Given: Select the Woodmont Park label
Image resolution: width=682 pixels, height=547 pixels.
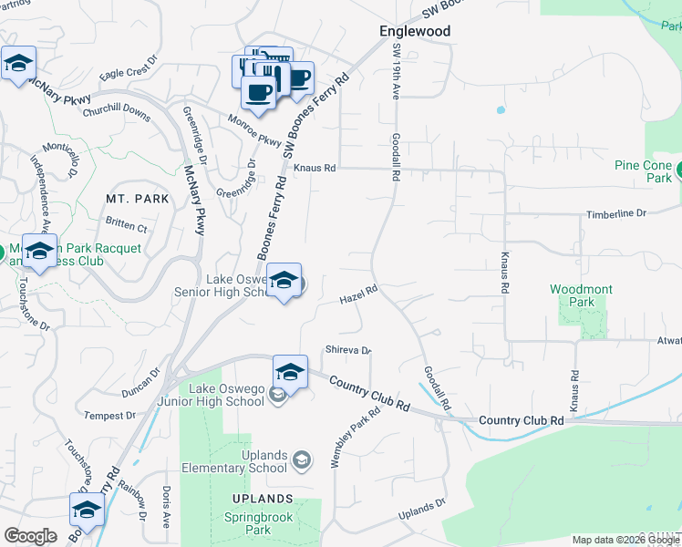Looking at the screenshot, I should coord(581,295).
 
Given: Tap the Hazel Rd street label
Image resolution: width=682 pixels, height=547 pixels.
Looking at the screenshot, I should coord(358,295).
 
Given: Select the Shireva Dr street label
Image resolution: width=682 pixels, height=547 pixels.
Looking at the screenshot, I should coord(348,350).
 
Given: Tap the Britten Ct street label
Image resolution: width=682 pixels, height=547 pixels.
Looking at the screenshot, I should coord(126,223).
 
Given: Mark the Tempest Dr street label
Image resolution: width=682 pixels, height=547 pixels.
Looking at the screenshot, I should coord(109,416).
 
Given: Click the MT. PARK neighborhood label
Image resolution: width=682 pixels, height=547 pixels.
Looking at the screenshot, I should coord(126,199).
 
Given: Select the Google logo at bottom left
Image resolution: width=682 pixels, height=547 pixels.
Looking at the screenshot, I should coord(30,536).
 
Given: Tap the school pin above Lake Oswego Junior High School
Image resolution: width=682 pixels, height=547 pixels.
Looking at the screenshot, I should coord(290,372).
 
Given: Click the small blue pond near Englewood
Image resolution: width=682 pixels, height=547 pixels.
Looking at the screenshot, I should coord(501,111).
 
